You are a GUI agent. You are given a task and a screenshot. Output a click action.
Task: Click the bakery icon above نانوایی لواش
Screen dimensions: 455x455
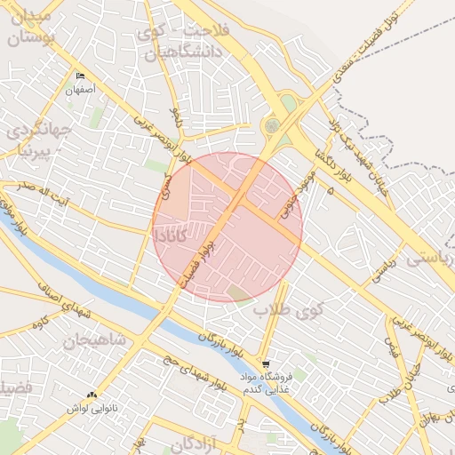point(92,395)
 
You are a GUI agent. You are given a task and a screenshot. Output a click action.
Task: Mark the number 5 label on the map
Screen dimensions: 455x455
point(331,190)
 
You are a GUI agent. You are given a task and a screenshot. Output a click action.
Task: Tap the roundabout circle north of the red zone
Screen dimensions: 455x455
point(272,126)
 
